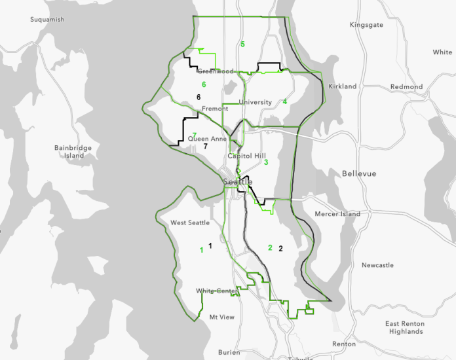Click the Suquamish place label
point(47,20)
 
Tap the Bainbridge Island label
point(73,152)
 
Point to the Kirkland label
point(343,86)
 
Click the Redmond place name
point(406,86)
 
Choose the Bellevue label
point(358,173)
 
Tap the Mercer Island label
point(337,214)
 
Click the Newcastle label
point(377,265)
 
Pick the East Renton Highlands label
point(404,327)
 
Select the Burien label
point(229,352)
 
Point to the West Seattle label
point(190,223)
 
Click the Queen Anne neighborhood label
point(208,139)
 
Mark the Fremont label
point(215,109)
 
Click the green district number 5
point(242,44)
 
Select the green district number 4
point(285,101)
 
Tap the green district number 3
point(266,162)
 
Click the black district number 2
point(280,248)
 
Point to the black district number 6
point(198,97)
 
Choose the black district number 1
point(210,245)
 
